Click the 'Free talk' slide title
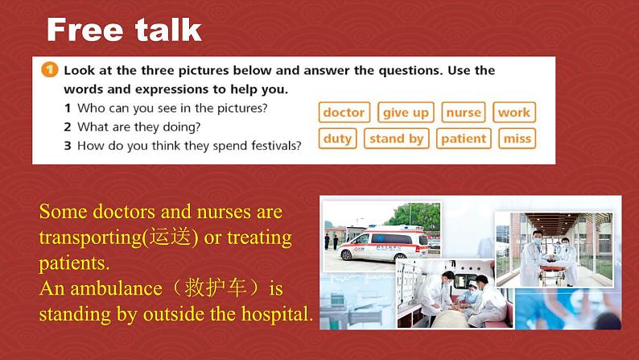coord(124,29)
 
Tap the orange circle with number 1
coord(50,70)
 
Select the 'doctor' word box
coord(344,112)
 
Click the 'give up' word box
coord(406,112)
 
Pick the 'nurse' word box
coord(464,112)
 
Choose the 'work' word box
coord(514,112)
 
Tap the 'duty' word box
coord(338,139)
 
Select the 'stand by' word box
coord(397,139)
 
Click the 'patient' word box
coord(464,139)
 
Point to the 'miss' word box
coord(517,139)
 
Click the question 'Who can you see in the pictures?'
coord(166,108)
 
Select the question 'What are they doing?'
coord(132,127)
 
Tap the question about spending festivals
coord(183,146)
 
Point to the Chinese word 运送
coord(170,237)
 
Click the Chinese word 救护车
coord(216,288)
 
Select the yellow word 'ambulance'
coord(116,288)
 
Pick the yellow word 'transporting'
coord(90,238)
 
